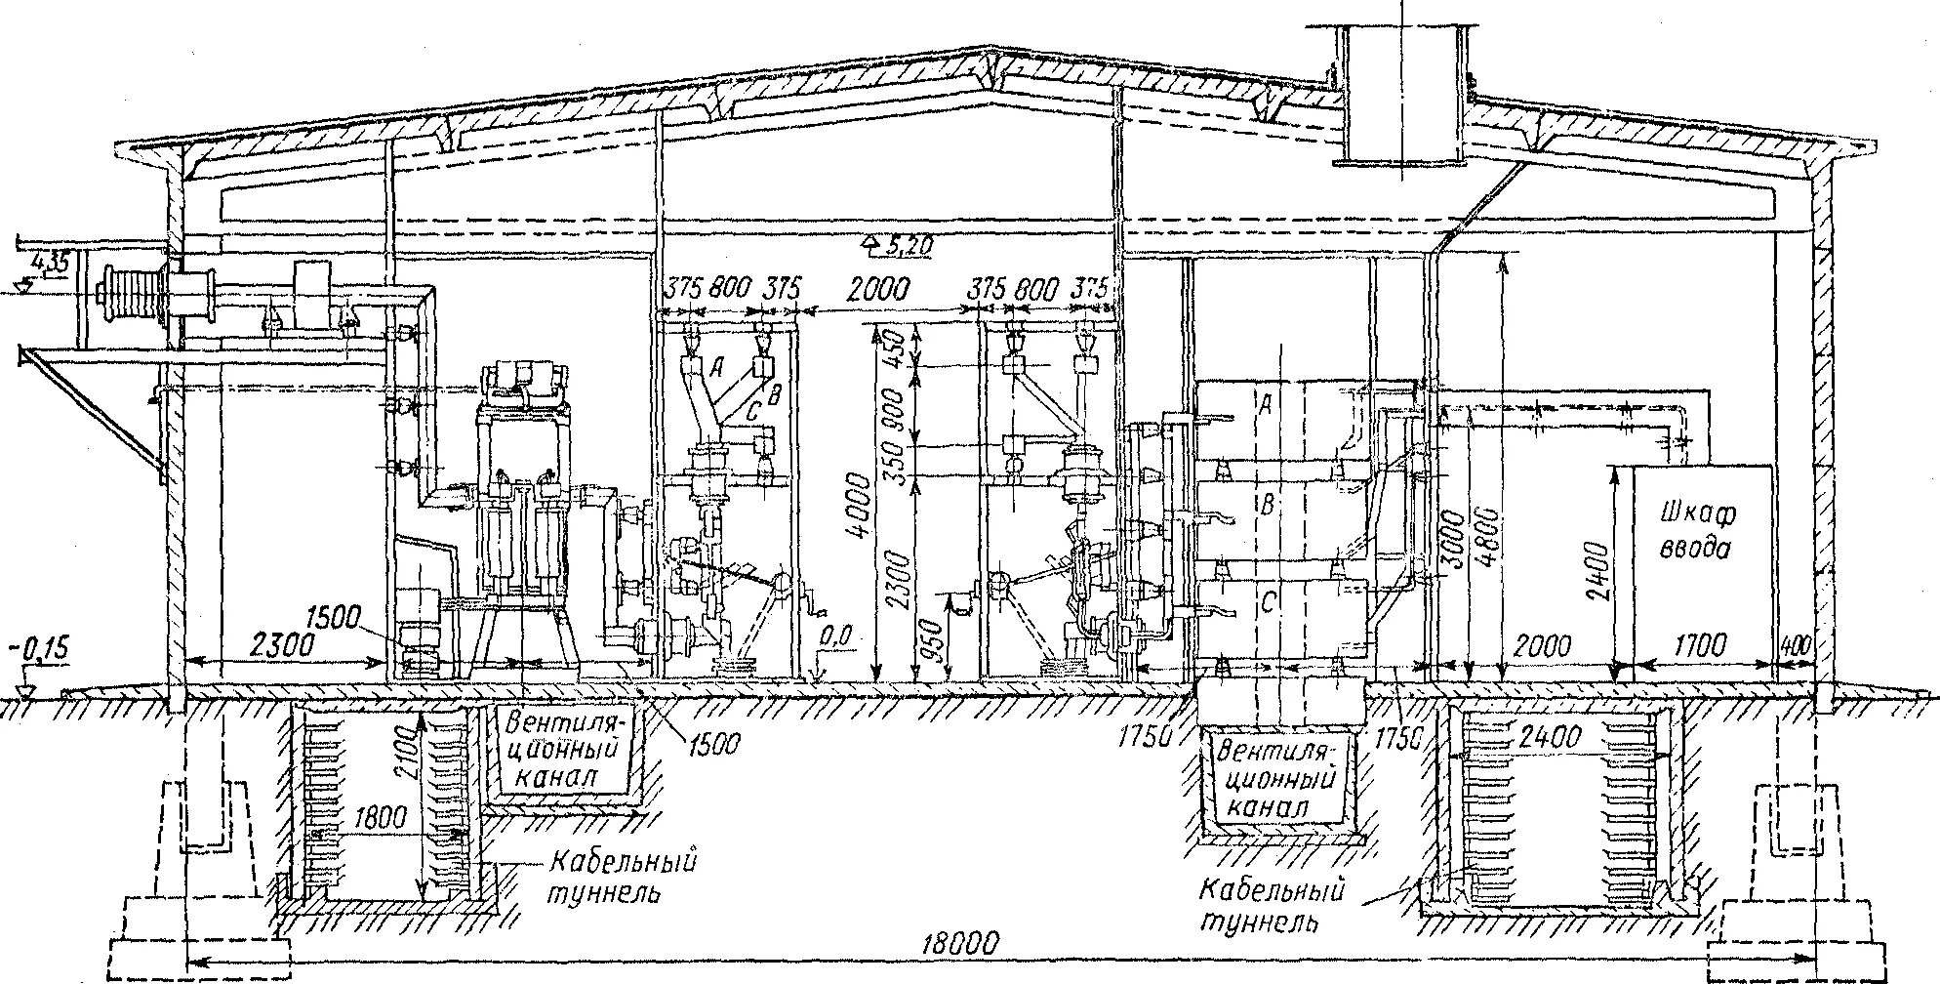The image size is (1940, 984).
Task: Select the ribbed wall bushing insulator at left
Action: pos(129,290)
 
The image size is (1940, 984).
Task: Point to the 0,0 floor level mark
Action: pos(834,636)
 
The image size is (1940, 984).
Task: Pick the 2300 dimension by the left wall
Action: pos(269,644)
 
